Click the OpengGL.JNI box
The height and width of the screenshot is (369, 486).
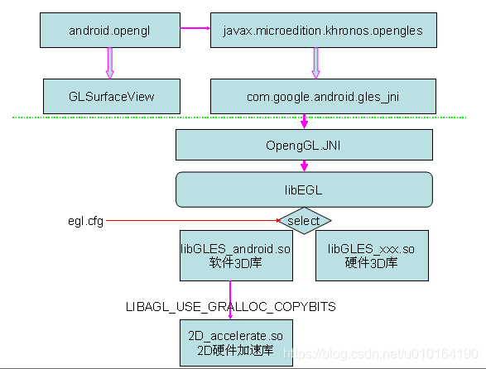coord(304,146)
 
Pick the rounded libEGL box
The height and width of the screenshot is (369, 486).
coord(304,189)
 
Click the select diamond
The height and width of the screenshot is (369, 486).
coord(304,221)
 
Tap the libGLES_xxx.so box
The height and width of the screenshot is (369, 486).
coord(372,256)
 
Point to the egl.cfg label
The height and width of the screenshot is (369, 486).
coord(85,221)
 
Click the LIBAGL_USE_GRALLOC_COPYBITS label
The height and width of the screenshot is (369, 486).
coord(230,307)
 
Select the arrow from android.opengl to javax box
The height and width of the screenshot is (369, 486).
coord(195,29)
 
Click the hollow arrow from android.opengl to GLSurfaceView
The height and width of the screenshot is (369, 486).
coord(110,62)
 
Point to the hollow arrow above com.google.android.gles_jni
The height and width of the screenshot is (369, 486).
coord(315,62)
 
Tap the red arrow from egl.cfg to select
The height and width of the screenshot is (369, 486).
coord(190,221)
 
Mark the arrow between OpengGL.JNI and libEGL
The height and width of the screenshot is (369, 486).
coord(304,165)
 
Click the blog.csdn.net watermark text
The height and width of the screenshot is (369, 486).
coord(381,353)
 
